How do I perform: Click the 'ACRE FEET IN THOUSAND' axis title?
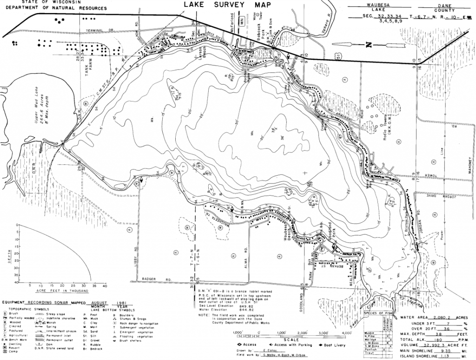(x=62, y=291)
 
